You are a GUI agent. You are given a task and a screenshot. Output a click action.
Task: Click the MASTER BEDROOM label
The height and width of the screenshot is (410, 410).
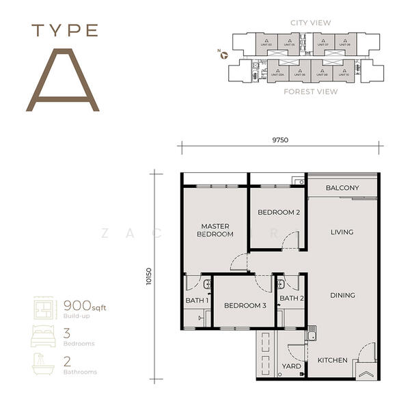pos(215,230)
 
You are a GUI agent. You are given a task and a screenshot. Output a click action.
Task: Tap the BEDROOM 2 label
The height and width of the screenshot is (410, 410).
pos(278,213)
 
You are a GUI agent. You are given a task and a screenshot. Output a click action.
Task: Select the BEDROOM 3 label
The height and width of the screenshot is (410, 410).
pos(245,305)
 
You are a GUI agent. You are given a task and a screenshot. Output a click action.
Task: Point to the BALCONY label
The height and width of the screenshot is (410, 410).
pos(342,188)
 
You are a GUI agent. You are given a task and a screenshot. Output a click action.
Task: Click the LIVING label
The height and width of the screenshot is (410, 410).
pos(342,232)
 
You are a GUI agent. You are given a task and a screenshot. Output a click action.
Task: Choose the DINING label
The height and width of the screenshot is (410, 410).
pos(342,295)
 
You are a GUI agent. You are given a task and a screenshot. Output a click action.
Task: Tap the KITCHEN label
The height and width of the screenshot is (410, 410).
pos(333,360)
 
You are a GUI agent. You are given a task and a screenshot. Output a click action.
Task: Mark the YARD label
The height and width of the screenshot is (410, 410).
pos(291,366)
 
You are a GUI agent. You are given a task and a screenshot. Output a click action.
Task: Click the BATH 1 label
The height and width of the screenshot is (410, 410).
pos(197,299)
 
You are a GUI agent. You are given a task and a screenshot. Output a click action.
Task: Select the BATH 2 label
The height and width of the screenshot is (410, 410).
pos(292,298)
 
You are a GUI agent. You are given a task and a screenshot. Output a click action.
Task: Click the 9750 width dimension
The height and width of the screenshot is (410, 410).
pos(280,140)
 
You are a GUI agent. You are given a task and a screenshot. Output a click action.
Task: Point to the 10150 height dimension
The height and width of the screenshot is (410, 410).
pos(150,276)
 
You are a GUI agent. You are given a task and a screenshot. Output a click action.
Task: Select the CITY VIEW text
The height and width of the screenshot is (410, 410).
pos(310,23)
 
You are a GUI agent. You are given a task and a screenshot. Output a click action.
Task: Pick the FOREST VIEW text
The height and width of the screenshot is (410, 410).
pos(310,91)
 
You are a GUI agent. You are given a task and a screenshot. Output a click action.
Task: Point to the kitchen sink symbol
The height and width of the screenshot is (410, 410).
pos(311,334)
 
